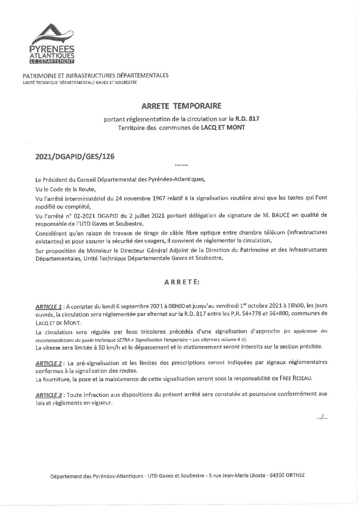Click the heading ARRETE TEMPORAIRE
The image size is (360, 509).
click(x=181, y=106)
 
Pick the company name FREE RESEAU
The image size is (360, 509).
click(x=309, y=379)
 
